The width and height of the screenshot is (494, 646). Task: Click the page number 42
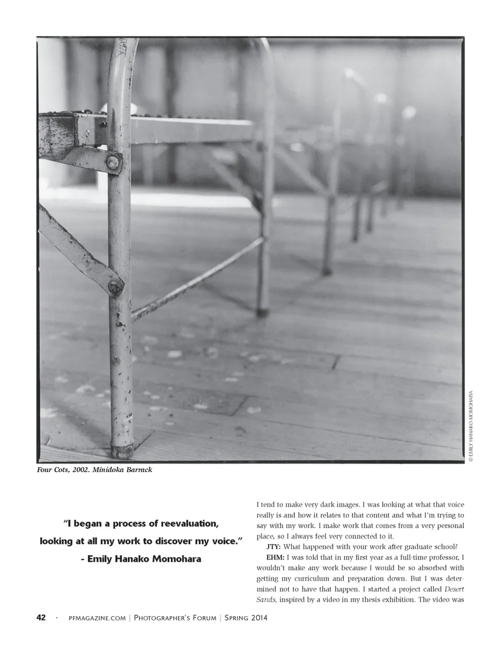(x=41, y=618)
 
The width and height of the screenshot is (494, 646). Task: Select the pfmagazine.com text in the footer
(x=97, y=618)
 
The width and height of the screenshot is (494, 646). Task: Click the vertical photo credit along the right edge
(x=470, y=426)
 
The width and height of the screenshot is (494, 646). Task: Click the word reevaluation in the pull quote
(x=190, y=524)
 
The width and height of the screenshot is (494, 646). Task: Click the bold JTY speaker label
(x=273, y=547)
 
